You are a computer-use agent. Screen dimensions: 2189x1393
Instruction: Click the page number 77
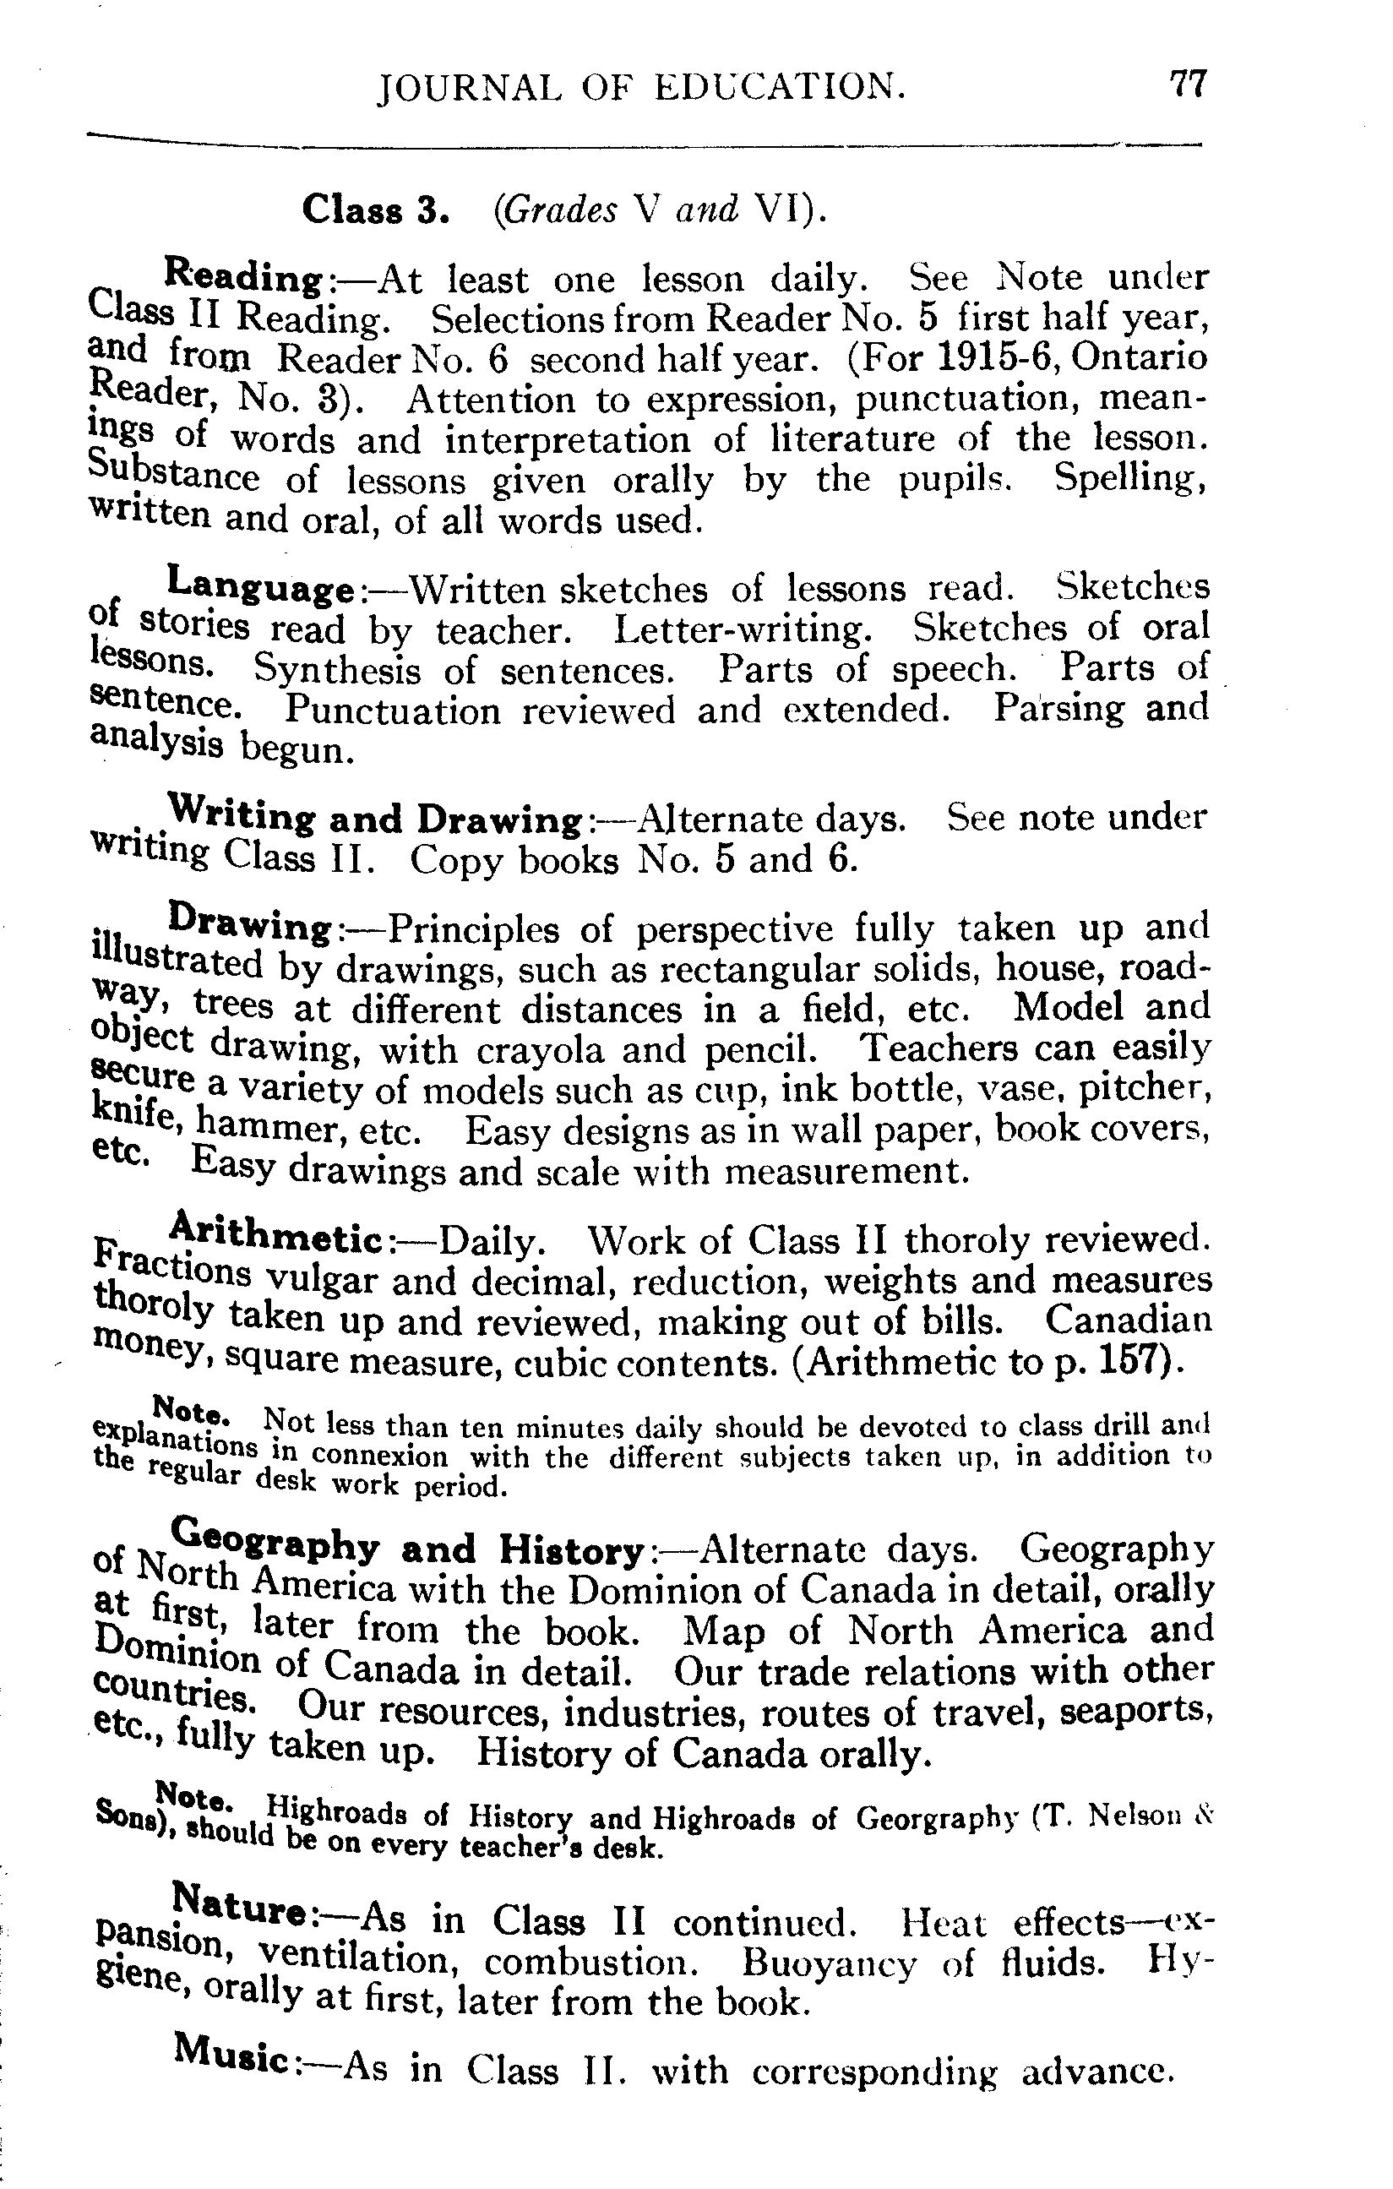[x=1187, y=84]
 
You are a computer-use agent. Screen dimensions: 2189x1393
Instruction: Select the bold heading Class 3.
[x=375, y=210]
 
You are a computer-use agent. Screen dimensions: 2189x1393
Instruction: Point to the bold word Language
[x=262, y=587]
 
